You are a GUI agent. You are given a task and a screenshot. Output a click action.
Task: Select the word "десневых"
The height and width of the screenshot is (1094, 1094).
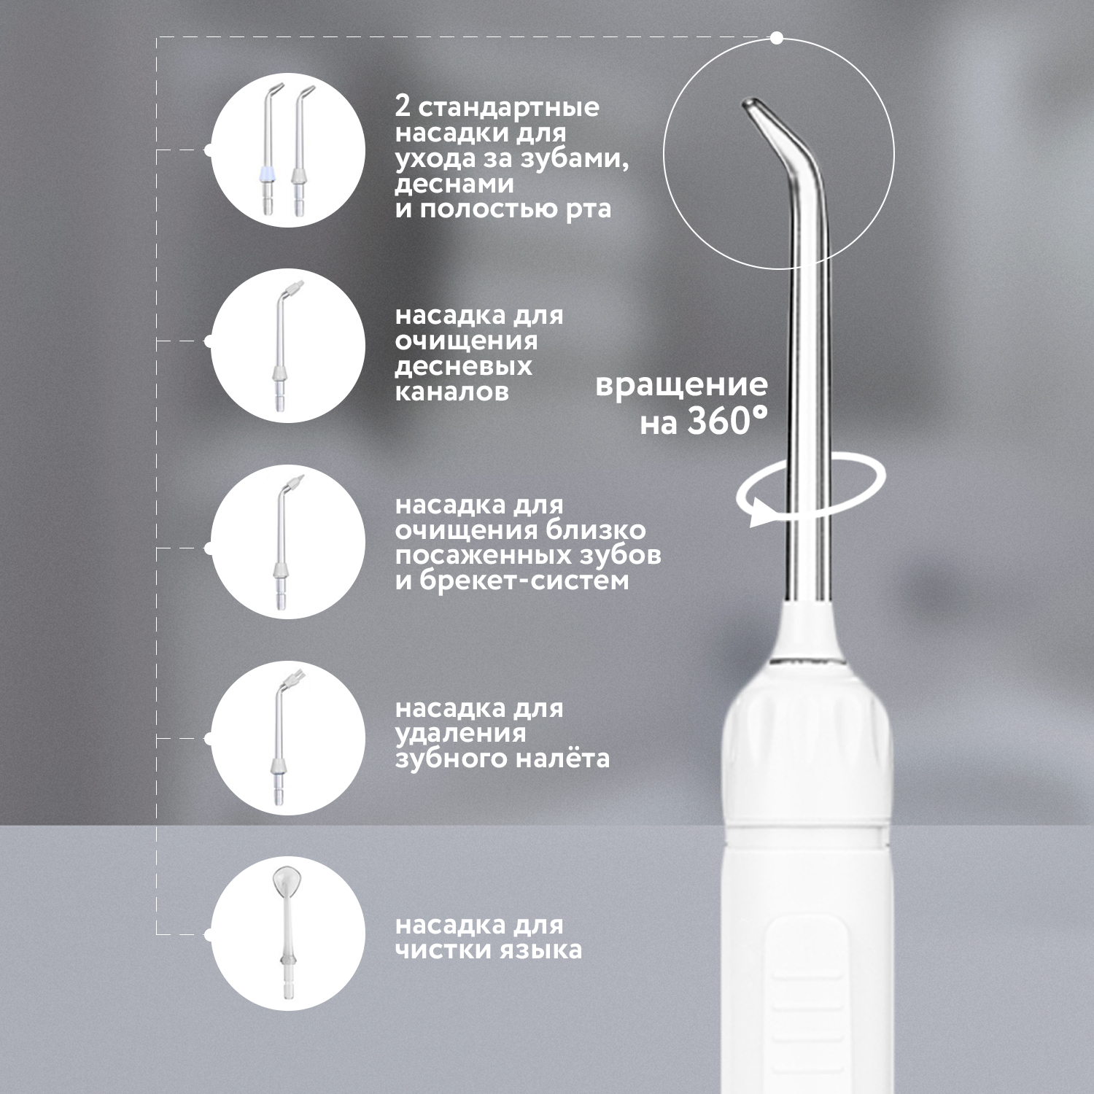pyautogui.click(x=464, y=366)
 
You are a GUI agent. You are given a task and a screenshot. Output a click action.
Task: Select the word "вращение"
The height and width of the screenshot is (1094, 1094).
pyautogui.click(x=682, y=386)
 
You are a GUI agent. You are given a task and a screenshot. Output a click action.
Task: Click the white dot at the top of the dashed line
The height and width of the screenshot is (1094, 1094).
pyautogui.click(x=777, y=37)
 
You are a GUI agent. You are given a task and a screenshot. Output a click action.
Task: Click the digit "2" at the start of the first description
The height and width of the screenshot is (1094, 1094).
pyautogui.click(x=402, y=108)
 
